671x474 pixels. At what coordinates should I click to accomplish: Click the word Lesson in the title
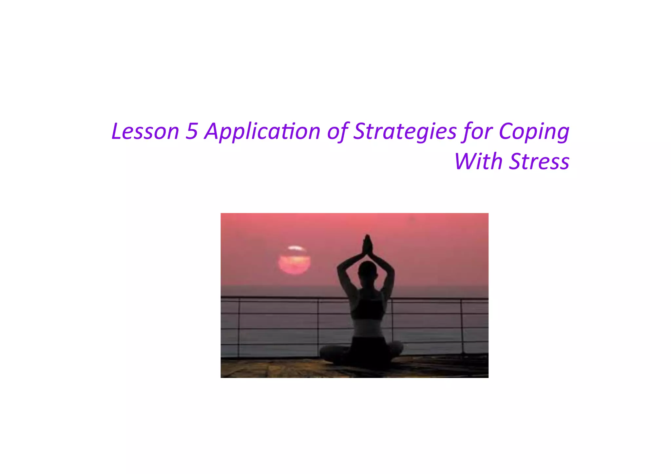(145, 131)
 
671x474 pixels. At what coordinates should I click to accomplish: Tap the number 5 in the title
(192, 131)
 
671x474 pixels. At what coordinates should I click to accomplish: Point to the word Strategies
(405, 131)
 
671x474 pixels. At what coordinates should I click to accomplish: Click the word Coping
(534, 131)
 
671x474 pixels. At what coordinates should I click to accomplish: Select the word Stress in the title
(539, 161)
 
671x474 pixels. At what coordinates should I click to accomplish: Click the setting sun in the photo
(294, 261)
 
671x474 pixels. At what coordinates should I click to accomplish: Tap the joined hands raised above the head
(367, 246)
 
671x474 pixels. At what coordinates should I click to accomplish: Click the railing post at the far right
(462, 326)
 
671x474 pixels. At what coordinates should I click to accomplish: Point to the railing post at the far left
(239, 328)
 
